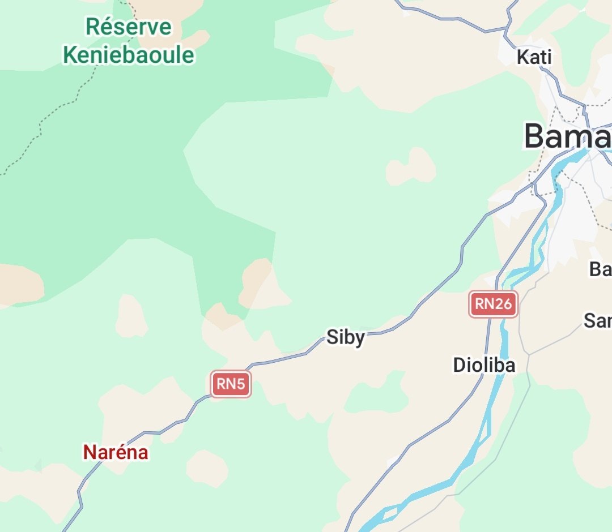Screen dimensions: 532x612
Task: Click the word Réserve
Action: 128,27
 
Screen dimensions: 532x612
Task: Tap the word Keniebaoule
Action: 128,55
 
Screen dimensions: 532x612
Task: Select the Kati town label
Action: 534,57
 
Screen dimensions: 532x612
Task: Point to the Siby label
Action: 346,338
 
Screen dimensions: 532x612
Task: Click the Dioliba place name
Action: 484,365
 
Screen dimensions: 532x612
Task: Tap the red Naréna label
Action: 116,452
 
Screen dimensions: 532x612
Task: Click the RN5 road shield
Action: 231,385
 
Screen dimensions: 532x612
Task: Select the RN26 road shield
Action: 493,304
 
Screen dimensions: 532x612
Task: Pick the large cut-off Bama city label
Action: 567,136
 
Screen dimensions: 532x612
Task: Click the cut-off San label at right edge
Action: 598,321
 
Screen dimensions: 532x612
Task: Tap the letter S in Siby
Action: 332,337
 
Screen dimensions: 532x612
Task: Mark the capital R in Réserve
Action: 92,27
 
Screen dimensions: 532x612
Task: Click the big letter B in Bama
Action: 536,136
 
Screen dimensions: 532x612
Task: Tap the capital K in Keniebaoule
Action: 70,55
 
